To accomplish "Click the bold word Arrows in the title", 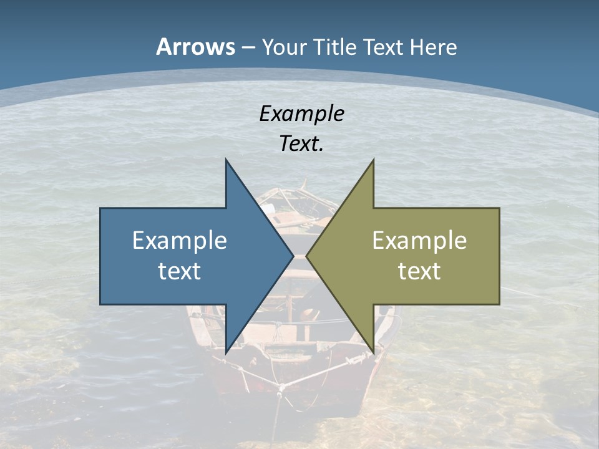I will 195,47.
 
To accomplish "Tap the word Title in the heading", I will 337,47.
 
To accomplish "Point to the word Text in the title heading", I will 384,47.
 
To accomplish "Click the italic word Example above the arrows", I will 301,114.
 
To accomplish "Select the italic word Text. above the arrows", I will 301,144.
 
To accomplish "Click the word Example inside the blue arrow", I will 179,241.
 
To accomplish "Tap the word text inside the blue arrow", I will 179,271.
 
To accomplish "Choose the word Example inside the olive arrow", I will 419,241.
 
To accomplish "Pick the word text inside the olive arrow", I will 419,271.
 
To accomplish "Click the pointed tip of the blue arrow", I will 293,256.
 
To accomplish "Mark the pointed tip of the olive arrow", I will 306,256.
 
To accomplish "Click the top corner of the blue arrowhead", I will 226,160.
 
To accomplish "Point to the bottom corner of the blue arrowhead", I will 226,353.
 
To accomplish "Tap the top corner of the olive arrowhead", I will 373,160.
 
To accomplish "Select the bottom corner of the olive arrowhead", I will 373,353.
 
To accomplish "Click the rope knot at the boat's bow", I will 281,390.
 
